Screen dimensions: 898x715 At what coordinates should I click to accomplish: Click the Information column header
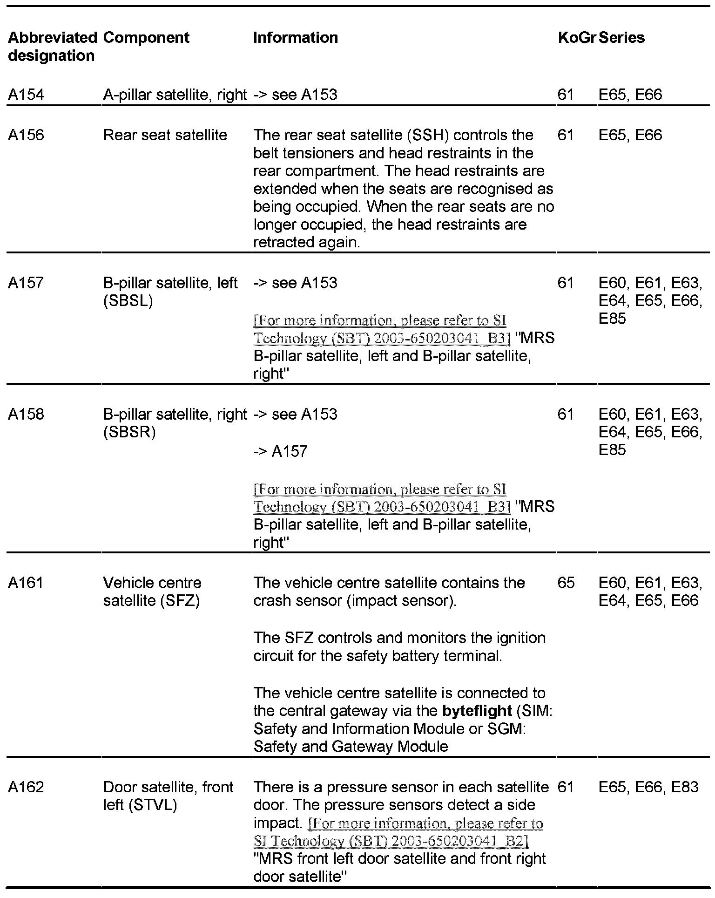(x=296, y=38)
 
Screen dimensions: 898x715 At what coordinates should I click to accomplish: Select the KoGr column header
(x=576, y=38)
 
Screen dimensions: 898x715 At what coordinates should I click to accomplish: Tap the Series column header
(x=621, y=38)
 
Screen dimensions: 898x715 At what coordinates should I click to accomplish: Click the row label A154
(x=26, y=95)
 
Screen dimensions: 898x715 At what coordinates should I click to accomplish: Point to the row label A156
(x=26, y=136)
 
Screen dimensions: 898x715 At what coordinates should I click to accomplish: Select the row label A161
(x=26, y=583)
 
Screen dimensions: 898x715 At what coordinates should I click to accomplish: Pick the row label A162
(x=26, y=788)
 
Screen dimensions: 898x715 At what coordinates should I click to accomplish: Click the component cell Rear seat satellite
(x=165, y=136)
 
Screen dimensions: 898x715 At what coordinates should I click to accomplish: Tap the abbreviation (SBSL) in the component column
(x=128, y=301)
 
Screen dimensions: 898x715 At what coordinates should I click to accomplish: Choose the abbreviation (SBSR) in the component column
(x=129, y=433)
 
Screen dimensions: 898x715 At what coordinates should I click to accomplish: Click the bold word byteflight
(x=477, y=711)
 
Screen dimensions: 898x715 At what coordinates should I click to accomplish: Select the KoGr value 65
(x=566, y=583)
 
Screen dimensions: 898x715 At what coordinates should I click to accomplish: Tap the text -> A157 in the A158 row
(x=280, y=451)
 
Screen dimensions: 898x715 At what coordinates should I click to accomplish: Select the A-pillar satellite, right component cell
(x=175, y=95)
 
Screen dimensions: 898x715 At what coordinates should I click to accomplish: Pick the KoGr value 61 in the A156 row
(x=566, y=136)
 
